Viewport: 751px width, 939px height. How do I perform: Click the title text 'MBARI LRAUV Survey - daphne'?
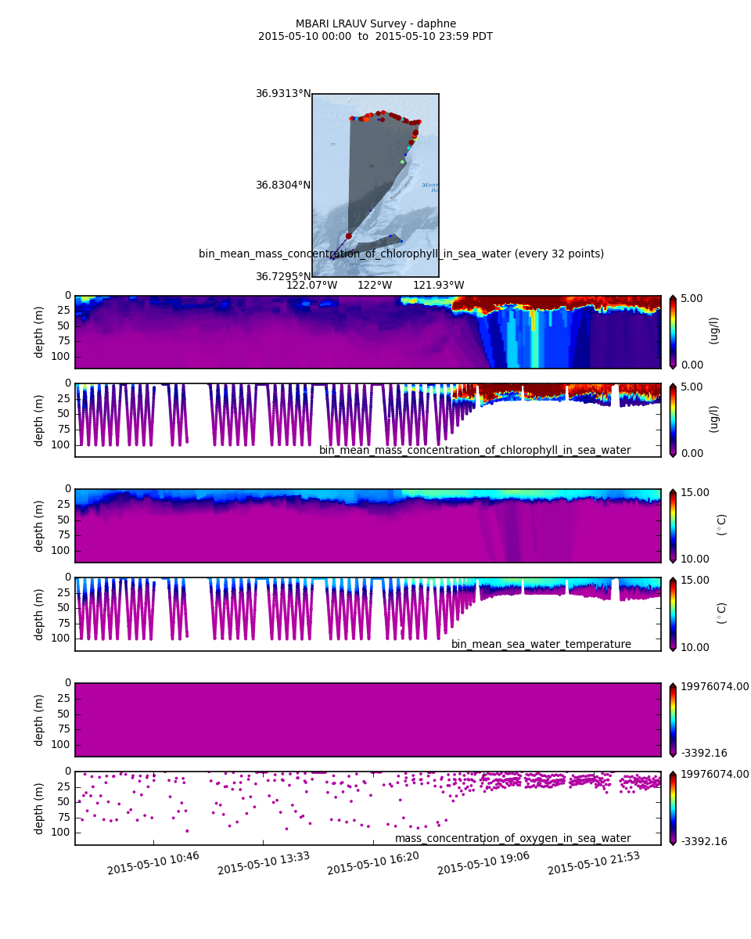coord(375,24)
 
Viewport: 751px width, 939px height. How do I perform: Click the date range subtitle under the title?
coord(375,37)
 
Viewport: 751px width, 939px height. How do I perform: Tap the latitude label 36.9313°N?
coord(283,94)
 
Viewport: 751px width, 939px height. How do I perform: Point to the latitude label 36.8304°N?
coord(283,185)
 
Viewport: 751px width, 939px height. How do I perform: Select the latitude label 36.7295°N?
coord(283,277)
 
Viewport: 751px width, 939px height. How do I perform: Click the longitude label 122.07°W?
coord(311,286)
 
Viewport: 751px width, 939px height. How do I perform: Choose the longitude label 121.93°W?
coord(438,286)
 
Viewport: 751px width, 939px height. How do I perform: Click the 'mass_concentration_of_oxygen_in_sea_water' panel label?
coord(512,839)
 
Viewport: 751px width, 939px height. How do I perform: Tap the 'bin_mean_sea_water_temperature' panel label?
coord(541,645)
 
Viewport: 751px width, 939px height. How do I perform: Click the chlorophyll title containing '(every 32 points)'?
coord(401,254)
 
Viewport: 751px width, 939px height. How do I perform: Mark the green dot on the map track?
coord(402,162)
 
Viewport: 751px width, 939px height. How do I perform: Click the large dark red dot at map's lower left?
coord(349,236)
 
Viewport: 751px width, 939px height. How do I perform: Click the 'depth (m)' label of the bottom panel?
coord(39,808)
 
